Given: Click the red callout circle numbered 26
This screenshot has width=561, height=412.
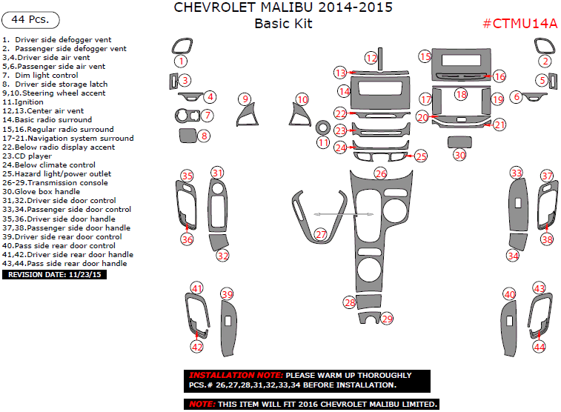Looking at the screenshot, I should [380, 173].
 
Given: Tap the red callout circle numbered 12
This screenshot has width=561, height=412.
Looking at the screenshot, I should [371, 58].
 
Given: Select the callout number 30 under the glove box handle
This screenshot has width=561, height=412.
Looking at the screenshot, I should [459, 155].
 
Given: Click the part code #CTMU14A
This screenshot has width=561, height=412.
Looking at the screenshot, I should [519, 24].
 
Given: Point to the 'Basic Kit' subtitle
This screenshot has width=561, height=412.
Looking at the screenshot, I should [283, 24].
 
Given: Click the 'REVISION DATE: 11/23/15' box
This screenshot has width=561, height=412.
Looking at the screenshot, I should [56, 274].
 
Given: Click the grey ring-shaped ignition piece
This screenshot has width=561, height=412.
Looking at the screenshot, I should [323, 126].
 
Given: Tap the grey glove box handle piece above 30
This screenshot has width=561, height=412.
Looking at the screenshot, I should [459, 141].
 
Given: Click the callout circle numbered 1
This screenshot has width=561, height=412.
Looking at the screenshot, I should [181, 62].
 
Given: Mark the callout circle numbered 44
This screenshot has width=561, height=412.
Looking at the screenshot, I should [540, 346].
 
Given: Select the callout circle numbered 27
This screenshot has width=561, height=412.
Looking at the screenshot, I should [320, 234].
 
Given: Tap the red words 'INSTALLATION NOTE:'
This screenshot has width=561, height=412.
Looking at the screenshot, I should [236, 376].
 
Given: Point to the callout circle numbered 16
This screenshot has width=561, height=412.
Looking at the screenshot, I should [499, 76].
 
